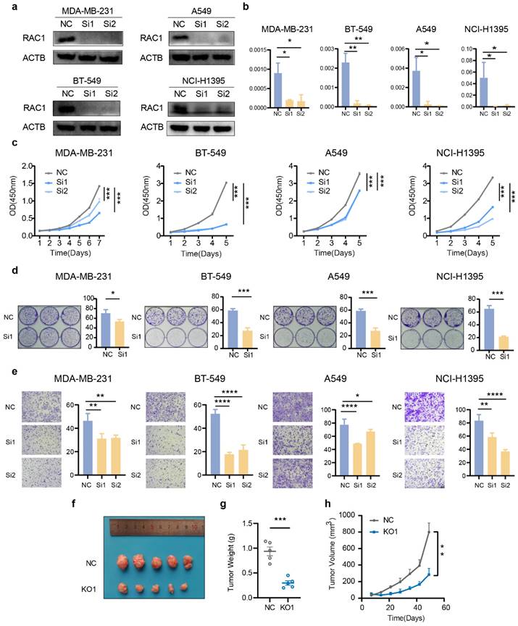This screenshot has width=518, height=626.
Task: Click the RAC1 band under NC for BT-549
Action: (68, 110)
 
